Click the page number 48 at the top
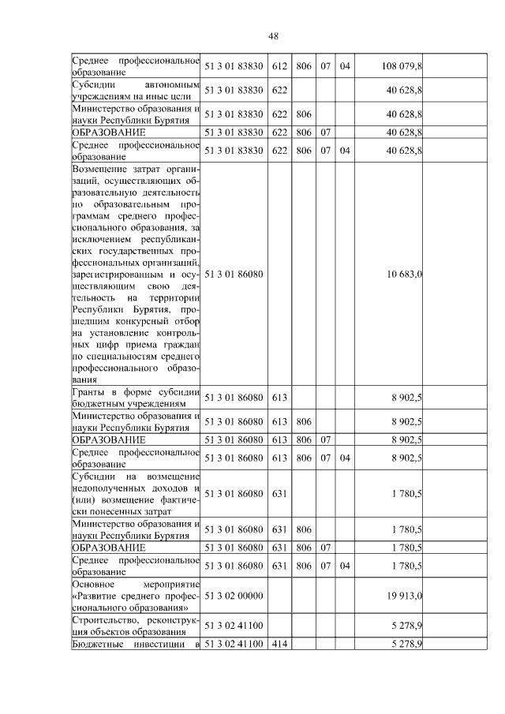pos(274,36)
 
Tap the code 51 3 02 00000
pos(234,596)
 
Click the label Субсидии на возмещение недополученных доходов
pos(135,494)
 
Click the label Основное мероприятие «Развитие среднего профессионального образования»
pos(135,596)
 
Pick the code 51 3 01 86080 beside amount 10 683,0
pos(234,274)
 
